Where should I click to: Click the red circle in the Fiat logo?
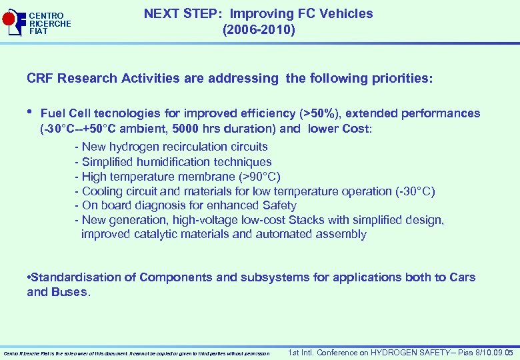click(x=9, y=20)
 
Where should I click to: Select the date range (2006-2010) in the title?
click(x=259, y=30)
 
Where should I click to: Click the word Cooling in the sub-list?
click(x=103, y=191)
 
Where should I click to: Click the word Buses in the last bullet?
click(x=68, y=292)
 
